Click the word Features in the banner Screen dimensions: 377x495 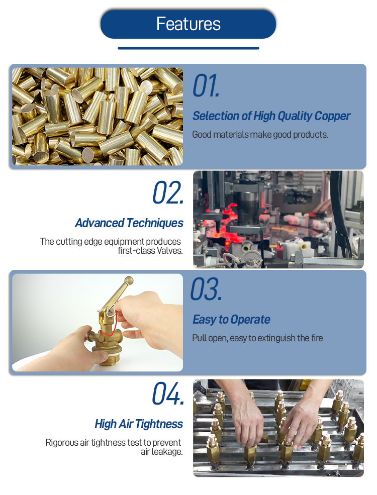tap(188, 24)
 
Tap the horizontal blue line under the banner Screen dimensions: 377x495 tap(189, 48)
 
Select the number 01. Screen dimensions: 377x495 tap(206, 85)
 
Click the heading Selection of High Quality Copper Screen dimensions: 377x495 tap(271, 116)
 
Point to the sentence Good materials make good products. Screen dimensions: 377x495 tap(260, 135)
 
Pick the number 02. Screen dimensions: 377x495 tap(168, 192)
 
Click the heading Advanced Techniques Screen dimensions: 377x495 tap(129, 223)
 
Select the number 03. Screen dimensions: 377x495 tap(207, 289)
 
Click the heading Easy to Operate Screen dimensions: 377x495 tap(231, 320)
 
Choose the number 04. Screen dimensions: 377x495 tap(168, 393)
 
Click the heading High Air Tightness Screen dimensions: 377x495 tap(139, 424)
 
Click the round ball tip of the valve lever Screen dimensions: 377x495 tap(129, 280)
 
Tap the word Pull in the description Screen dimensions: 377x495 tap(200, 338)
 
